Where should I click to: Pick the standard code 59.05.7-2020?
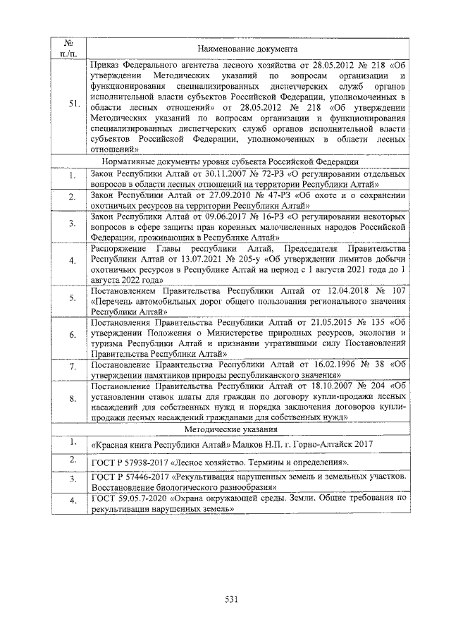coord(147,498)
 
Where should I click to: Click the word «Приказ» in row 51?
coord(108,64)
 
